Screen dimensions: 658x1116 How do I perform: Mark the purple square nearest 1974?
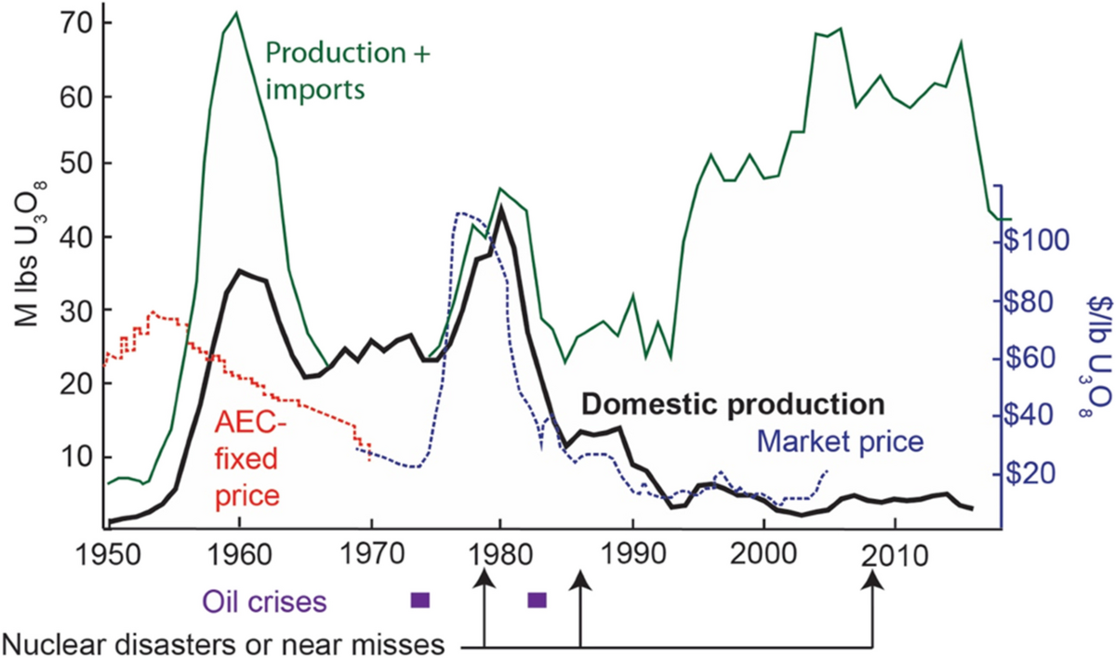click(420, 599)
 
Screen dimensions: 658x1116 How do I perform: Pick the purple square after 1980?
click(537, 599)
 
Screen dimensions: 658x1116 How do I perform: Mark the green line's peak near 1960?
click(236, 13)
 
